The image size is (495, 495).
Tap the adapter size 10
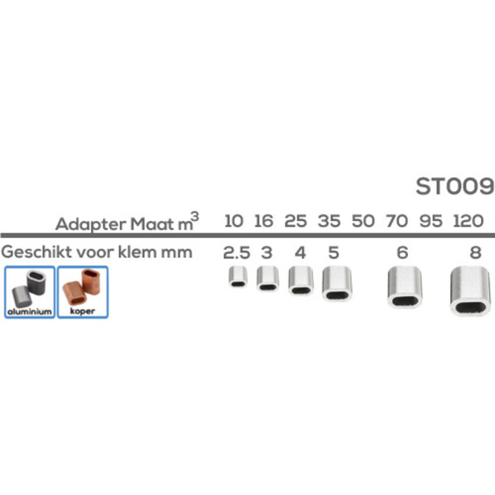(x=234, y=221)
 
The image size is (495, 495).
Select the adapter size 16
(x=264, y=221)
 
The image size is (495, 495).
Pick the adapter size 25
(x=296, y=221)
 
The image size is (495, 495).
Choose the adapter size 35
(x=330, y=221)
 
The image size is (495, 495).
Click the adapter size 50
(x=363, y=221)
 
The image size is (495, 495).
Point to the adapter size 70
(x=397, y=221)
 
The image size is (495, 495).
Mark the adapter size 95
(x=431, y=221)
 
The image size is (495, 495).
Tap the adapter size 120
(x=467, y=221)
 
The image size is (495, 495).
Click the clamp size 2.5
(x=235, y=253)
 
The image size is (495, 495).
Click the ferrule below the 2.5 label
(x=238, y=276)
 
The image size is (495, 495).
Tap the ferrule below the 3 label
(x=267, y=278)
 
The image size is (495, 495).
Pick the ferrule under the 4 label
(x=300, y=280)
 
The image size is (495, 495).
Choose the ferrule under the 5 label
(x=337, y=283)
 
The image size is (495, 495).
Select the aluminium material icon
(x=29, y=291)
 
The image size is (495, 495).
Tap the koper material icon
(x=82, y=291)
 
